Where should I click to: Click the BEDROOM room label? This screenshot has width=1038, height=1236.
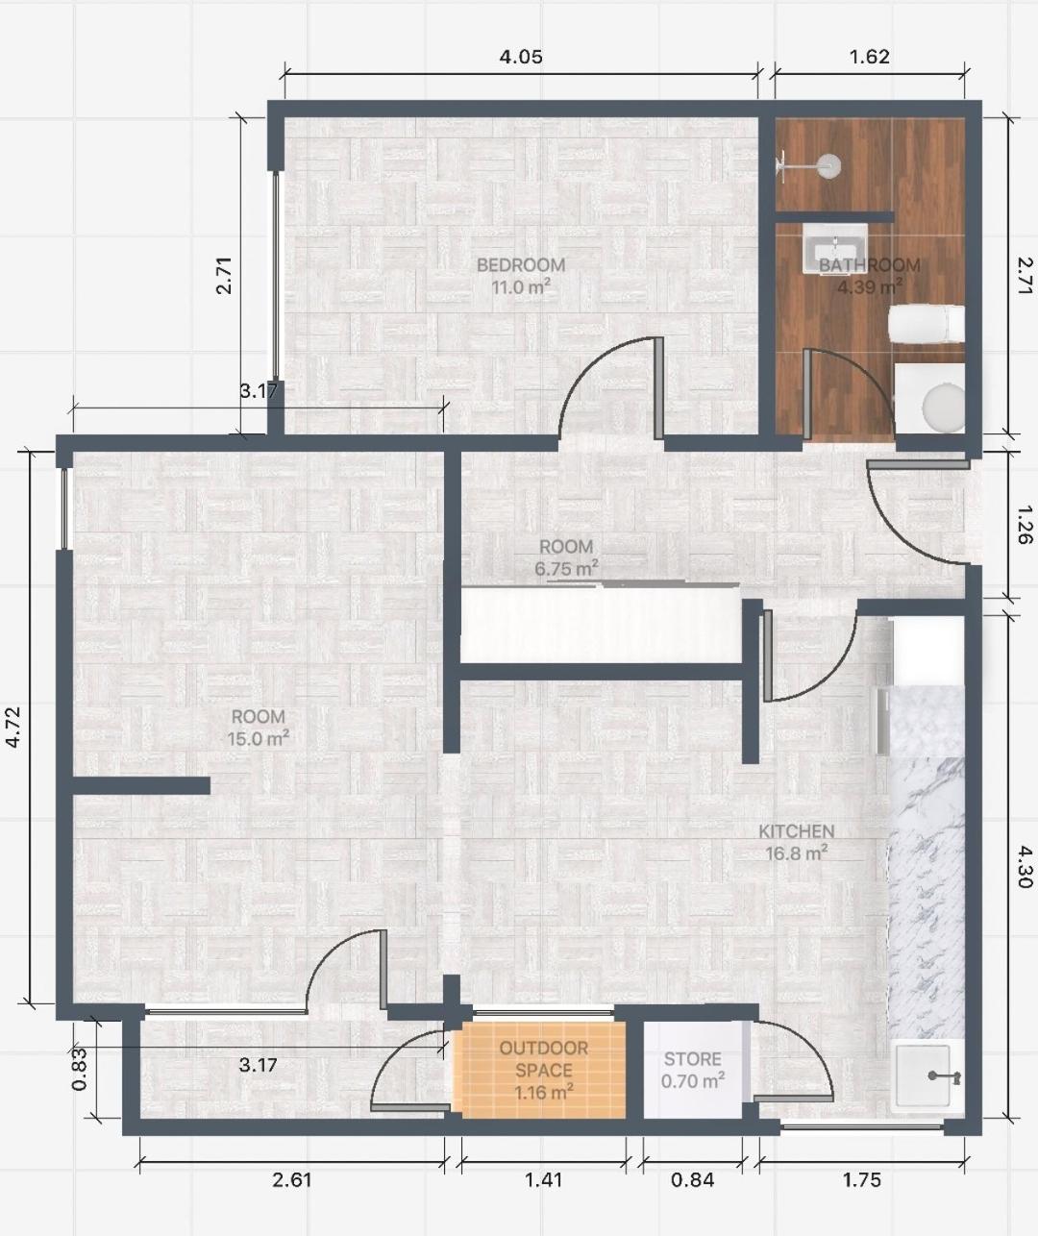[521, 264]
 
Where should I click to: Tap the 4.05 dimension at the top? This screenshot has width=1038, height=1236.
[521, 57]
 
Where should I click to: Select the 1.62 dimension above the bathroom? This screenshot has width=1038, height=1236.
[869, 57]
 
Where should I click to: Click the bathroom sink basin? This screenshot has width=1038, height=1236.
[835, 247]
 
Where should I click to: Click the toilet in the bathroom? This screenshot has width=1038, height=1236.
[927, 324]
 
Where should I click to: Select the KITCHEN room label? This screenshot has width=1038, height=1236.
[797, 831]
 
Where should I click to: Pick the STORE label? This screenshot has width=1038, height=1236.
[692, 1059]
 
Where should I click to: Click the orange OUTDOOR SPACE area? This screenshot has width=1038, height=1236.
[543, 1071]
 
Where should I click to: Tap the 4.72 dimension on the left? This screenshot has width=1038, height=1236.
[13, 727]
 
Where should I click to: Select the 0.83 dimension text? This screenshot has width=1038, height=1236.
[80, 1069]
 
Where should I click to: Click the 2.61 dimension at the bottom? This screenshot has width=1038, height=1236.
[292, 1179]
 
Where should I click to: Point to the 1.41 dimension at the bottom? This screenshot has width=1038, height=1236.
[543, 1179]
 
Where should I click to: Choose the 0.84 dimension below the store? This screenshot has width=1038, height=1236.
[692, 1179]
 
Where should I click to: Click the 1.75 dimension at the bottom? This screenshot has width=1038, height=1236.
[861, 1179]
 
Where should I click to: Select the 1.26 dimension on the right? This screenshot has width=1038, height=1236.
[1025, 525]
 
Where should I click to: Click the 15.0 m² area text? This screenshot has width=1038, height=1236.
[259, 739]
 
